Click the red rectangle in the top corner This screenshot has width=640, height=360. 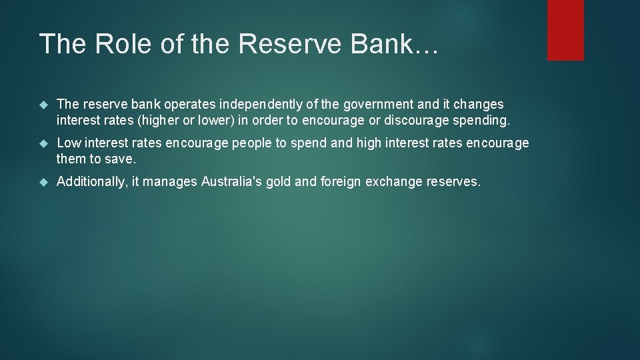(x=565, y=30)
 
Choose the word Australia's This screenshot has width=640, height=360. (x=231, y=182)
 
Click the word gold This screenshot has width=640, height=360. (x=280, y=182)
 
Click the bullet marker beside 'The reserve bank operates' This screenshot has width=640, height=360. (x=44, y=105)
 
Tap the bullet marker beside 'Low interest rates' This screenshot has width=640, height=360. (x=44, y=143)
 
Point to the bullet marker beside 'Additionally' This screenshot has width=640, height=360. (x=44, y=182)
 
